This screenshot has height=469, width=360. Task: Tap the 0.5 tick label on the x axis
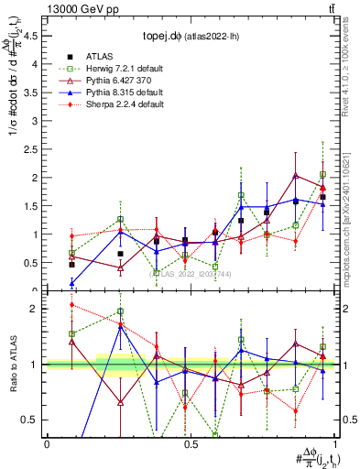tap(190, 443)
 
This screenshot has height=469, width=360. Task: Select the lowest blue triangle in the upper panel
tap(72, 283)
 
